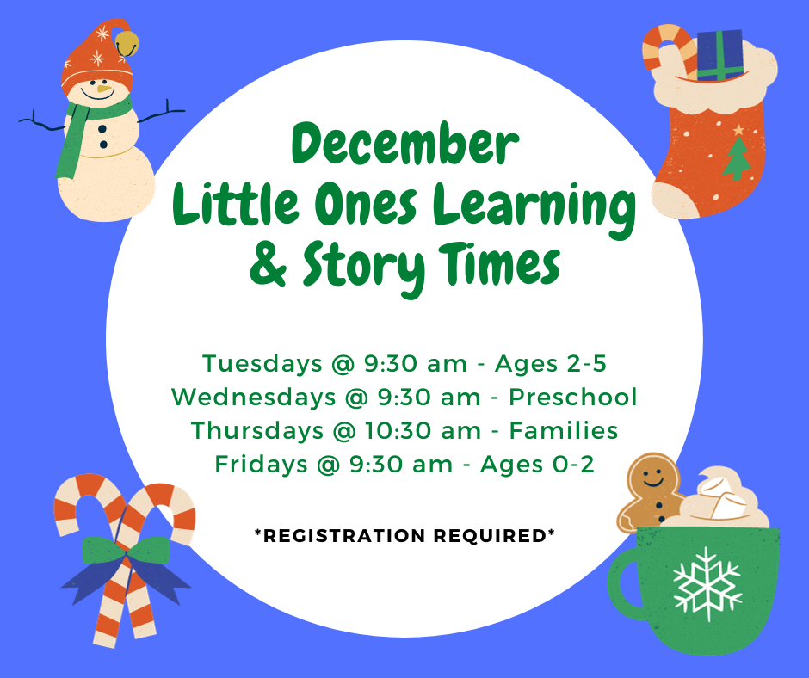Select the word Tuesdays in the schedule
[x=262, y=364]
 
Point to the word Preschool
[x=572, y=398]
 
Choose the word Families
[x=564, y=430]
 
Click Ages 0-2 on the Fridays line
[x=537, y=465]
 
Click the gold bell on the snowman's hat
[x=127, y=43]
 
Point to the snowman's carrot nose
[x=105, y=89]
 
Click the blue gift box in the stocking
[x=719, y=55]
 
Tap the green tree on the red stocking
[x=737, y=158]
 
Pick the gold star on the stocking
[x=738, y=129]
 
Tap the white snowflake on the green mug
[x=708, y=584]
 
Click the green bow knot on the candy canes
[x=126, y=550]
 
